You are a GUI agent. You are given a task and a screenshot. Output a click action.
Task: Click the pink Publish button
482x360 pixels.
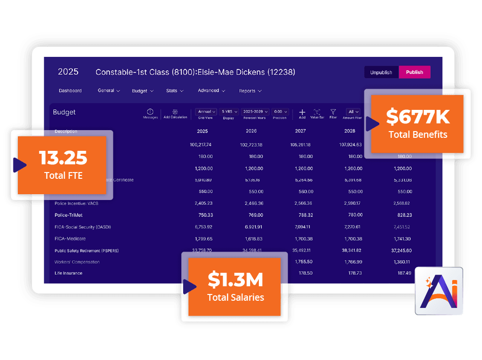coord(415,72)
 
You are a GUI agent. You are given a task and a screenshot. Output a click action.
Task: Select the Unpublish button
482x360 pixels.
coord(381,72)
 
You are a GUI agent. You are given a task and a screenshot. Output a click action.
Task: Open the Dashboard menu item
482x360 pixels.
coord(70,91)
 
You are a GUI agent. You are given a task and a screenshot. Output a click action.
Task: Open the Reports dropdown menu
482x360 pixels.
coord(250,91)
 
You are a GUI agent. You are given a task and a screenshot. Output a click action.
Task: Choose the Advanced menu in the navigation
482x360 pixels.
coord(211,91)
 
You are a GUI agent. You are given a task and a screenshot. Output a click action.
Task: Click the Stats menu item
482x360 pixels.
coord(174,91)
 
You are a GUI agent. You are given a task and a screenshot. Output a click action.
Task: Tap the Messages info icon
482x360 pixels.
coord(150,112)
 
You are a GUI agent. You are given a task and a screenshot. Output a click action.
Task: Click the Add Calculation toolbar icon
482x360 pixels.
coord(175,112)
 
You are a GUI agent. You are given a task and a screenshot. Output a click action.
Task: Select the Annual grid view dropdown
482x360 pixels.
coord(206,111)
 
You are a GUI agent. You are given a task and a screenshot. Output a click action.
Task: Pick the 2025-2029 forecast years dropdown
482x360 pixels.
coord(255,111)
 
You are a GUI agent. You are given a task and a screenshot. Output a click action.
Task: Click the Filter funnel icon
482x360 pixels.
coord(333,112)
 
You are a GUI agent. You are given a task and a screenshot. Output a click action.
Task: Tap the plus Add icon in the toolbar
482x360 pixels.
coord(302,112)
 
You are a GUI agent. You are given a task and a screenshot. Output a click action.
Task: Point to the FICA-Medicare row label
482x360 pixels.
coord(72,239)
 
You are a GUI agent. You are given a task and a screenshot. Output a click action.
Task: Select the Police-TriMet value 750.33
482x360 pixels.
coord(203,215)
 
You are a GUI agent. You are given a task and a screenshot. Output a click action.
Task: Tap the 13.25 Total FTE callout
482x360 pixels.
coord(63,165)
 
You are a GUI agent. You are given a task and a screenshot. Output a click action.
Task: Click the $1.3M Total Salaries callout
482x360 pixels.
coord(236,287)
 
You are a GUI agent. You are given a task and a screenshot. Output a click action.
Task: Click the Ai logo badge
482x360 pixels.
coord(439,291)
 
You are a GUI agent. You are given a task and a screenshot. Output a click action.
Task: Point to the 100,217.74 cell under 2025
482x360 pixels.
coord(201,145)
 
